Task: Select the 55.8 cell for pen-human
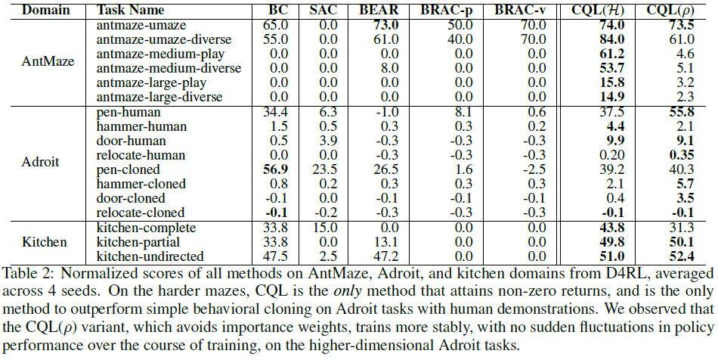coord(677,111)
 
